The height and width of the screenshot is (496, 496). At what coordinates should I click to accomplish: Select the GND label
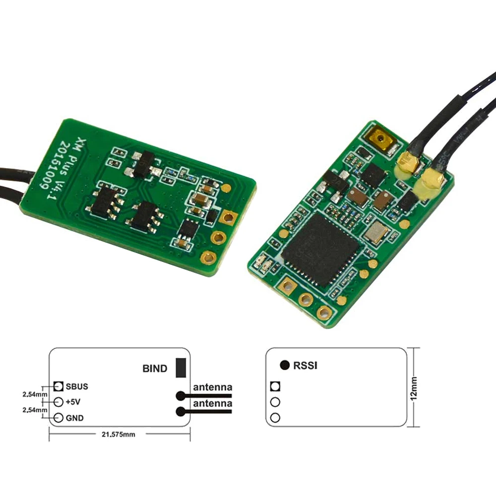tap(74, 418)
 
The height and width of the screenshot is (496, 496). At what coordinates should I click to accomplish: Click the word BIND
tap(155, 369)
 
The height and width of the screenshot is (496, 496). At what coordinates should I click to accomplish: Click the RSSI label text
tap(305, 366)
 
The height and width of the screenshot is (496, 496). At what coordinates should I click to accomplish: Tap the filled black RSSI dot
tap(285, 366)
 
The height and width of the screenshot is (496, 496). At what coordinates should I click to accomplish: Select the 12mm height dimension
tap(414, 387)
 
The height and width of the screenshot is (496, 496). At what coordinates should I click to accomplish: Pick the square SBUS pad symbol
tap(59, 386)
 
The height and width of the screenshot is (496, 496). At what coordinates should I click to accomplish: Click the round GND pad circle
tap(59, 418)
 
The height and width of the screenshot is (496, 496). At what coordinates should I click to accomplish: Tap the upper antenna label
tap(212, 387)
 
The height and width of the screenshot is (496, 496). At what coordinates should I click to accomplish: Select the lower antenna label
tap(212, 404)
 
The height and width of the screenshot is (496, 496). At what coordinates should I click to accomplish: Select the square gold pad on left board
tap(229, 217)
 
